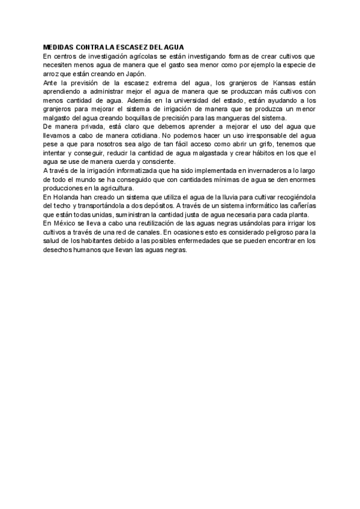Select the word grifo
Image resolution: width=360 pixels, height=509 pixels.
(277, 145)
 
